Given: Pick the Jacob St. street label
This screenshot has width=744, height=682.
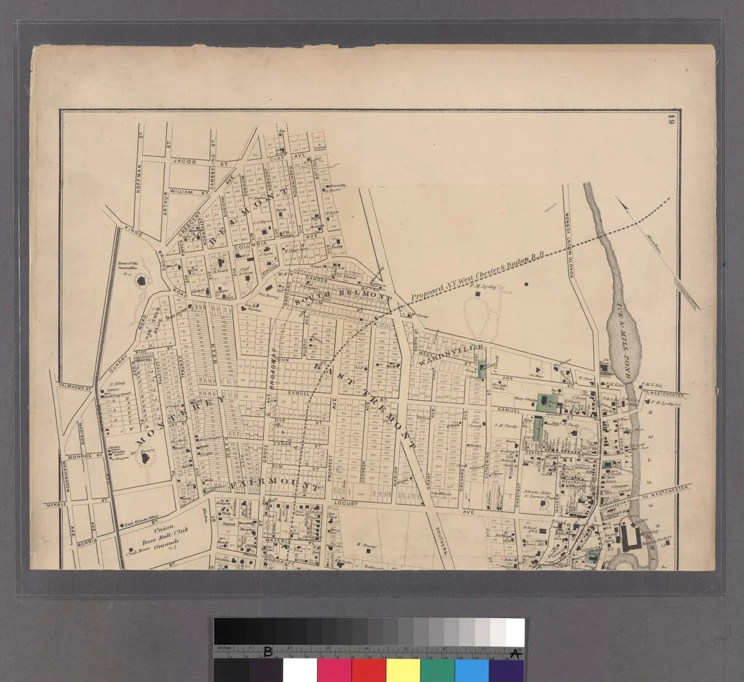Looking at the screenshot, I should pos(188,162).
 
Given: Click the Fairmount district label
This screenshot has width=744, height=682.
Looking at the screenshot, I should pos(277,485).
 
